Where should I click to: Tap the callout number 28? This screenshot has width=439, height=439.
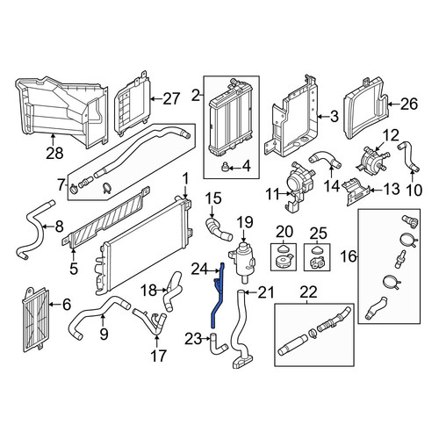coord(54,153)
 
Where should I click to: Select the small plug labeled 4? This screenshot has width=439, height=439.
coord(225,167)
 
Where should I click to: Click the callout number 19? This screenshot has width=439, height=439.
coord(245,222)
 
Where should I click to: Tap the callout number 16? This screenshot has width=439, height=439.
coord(349,256)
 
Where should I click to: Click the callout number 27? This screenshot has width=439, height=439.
coord(170,99)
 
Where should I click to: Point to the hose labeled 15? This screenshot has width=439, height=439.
coord(217,228)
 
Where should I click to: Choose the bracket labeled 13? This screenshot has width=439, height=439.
coord(357,192)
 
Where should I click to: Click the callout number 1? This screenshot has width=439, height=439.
coord(185,178)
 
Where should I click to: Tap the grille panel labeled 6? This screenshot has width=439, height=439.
coord(36,320)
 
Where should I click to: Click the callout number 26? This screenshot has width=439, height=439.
coord(409,104)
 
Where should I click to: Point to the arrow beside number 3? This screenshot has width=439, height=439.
coord(324,117)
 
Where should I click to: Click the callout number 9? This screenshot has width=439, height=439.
coord(104,334)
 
